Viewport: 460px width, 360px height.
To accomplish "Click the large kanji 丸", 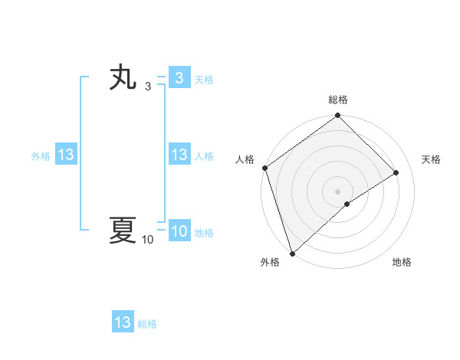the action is pos(123,79).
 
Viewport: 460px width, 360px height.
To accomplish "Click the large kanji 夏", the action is pos(123,231).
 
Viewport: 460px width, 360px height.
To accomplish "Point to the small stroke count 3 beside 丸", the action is pos(148,87).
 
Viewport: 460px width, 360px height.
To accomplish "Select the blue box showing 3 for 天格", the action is pos(179,78).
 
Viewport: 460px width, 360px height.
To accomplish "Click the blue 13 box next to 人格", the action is pos(179,155).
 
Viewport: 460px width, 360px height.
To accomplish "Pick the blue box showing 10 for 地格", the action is pos(179,232).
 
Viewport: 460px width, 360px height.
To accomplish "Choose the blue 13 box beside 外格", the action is pos(66,155).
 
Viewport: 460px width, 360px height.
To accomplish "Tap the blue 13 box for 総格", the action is pos(123,322).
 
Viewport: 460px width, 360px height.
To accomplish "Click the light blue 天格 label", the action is pos(204,80).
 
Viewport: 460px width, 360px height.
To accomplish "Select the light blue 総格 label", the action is pos(147,324).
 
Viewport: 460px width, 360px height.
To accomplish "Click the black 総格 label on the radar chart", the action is pos(338,100).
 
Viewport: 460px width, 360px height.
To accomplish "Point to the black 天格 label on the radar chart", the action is pos(431,159).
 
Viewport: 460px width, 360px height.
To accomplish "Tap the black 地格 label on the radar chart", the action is pos(402,263).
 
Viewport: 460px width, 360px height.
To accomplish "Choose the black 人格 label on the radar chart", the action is pos(245,159).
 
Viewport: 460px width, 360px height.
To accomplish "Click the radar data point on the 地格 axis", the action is pos(347,204).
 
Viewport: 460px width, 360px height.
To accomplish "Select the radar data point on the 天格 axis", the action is pos(396,172).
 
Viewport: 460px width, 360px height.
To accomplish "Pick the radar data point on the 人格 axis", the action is pos(264,168).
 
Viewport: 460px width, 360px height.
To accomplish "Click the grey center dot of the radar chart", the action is pos(337,191).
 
